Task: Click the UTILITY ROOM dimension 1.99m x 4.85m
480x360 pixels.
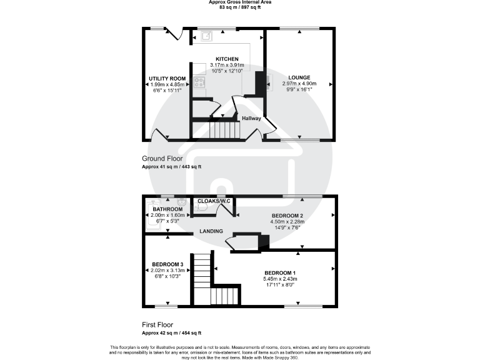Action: click(167, 84)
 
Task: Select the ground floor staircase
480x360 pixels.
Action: click(224, 129)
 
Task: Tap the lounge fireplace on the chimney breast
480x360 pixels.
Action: click(268, 82)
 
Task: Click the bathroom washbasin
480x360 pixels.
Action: click(181, 202)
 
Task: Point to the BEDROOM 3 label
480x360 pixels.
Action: click(167, 265)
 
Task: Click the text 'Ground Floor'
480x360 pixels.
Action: click(162, 159)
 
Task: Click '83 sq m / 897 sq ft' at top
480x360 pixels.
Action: click(240, 7)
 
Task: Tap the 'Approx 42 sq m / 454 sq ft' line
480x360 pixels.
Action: click(171, 333)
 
